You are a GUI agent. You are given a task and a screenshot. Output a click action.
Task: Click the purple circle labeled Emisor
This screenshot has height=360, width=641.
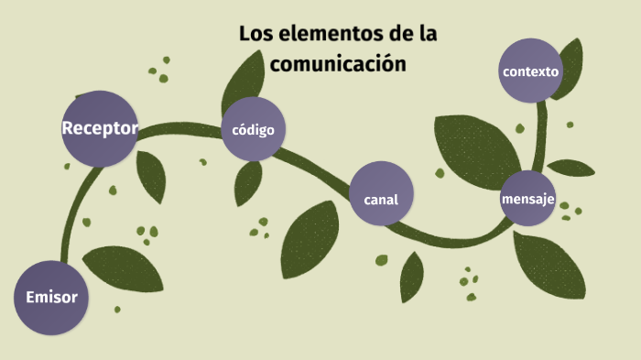(51, 298)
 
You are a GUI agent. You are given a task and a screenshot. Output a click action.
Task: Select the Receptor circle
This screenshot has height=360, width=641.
(101, 128)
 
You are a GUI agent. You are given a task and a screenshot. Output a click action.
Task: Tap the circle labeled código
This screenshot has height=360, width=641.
(254, 130)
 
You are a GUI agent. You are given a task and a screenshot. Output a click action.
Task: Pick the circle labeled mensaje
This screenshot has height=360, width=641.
(528, 198)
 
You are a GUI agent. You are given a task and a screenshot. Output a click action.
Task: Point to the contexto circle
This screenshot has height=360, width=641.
(530, 71)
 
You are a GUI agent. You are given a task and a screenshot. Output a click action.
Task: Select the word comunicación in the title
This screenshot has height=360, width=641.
(337, 64)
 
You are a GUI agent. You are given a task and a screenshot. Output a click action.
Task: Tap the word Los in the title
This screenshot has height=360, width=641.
(253, 35)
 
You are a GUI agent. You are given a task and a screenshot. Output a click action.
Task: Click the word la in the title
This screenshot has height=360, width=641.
(427, 35)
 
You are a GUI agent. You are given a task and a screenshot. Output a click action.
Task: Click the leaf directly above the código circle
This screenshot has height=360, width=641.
(244, 81)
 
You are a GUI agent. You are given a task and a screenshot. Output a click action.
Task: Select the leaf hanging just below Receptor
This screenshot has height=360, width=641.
(151, 175)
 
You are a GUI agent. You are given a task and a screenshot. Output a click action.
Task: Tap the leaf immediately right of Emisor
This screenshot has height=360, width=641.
(125, 268)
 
